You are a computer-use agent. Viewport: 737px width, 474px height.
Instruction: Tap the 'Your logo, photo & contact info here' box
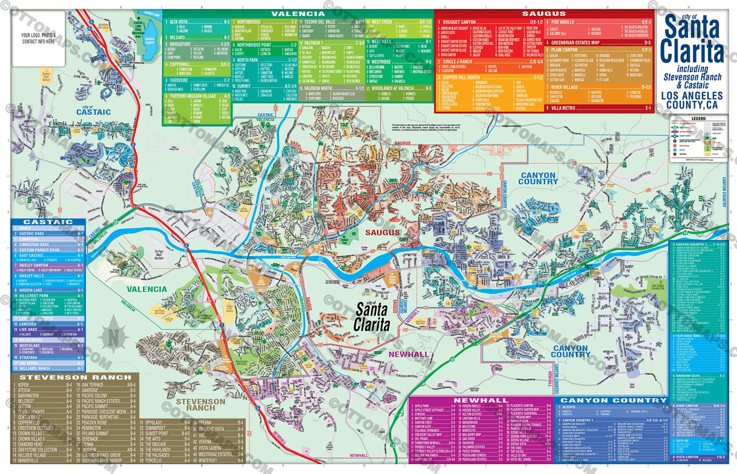(x=38, y=38)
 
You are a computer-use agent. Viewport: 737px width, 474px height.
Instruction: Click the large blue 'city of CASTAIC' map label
(x=93, y=111)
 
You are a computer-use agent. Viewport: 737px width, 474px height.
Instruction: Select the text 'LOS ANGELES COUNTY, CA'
(x=692, y=100)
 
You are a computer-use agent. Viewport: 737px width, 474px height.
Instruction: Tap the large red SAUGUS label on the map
(x=383, y=232)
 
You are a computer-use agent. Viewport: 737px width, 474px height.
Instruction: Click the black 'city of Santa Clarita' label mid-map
(x=372, y=318)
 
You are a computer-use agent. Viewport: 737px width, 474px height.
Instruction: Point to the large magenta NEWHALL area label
(x=409, y=354)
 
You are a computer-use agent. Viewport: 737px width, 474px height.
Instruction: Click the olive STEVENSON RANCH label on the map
(x=201, y=404)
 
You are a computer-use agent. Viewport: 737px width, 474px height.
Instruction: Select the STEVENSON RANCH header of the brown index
(x=75, y=378)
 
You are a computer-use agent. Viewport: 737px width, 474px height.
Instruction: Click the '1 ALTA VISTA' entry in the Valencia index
(x=179, y=22)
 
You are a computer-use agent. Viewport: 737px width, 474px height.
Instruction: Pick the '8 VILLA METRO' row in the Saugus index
(x=563, y=108)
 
